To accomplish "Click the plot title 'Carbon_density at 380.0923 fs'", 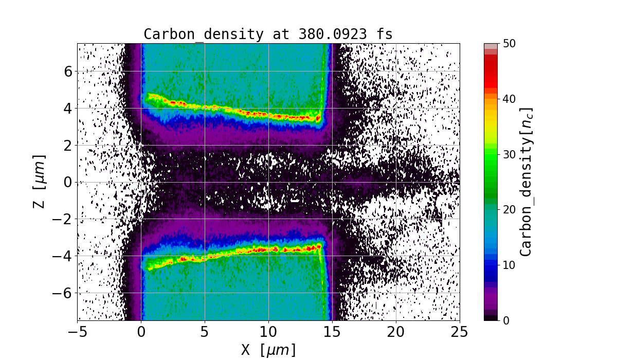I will (x=268, y=34).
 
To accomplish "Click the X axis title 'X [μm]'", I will (x=268, y=350).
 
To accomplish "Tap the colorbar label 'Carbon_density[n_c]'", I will (x=525, y=182).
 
